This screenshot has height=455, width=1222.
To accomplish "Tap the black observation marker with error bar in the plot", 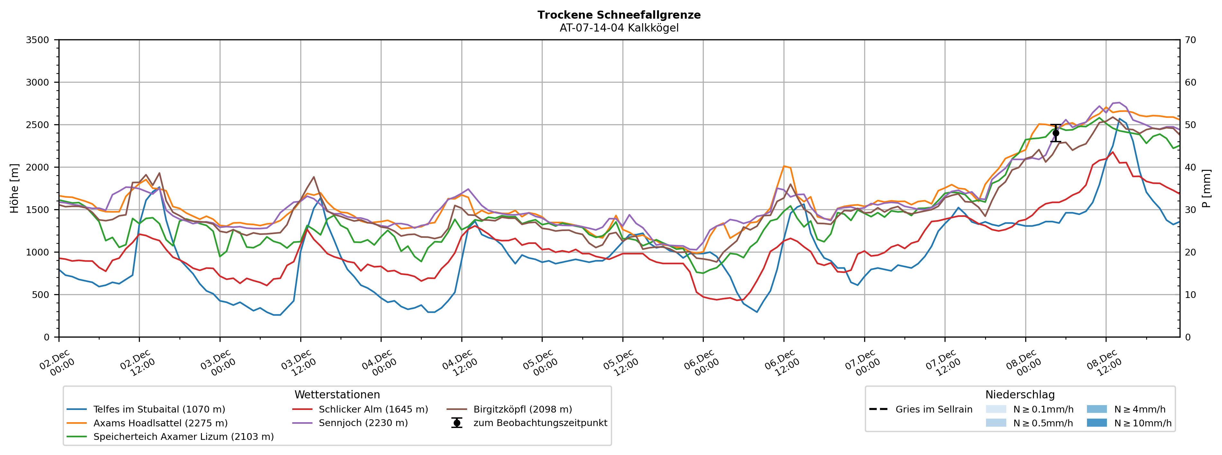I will [1055, 133].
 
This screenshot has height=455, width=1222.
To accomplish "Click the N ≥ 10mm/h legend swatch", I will [1097, 423].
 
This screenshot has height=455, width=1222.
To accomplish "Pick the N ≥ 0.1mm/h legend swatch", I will [996, 409].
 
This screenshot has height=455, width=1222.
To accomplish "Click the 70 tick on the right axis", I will [1191, 40].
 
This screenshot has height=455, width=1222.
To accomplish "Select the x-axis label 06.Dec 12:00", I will [782, 363].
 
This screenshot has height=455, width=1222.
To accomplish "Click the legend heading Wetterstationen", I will [337, 395].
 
